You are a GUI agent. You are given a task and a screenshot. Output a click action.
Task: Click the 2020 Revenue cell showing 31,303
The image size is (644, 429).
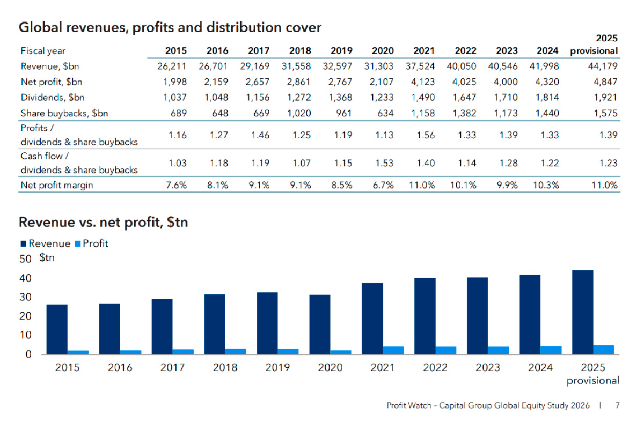[382, 66]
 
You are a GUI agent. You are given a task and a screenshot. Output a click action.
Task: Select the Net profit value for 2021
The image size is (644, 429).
[423, 82]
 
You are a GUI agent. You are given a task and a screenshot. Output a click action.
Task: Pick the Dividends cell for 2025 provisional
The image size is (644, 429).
[605, 98]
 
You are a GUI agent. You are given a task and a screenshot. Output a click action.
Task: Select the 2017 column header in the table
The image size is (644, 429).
[259, 51]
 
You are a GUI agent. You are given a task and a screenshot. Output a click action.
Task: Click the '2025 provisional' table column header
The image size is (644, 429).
[594, 45]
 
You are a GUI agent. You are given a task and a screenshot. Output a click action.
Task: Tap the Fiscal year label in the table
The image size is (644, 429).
[43, 51]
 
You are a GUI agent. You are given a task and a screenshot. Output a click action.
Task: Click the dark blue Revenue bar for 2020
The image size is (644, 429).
[320, 324]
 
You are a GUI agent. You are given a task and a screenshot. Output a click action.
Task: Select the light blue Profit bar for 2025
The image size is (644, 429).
[604, 350]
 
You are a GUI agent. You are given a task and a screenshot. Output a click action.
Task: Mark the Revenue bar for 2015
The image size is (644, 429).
[57, 329]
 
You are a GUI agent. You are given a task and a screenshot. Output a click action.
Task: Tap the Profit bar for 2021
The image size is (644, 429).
[393, 350]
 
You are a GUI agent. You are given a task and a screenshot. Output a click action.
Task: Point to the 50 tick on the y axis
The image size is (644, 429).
[26, 259]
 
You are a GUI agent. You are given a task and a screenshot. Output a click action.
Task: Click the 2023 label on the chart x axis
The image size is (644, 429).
[488, 368]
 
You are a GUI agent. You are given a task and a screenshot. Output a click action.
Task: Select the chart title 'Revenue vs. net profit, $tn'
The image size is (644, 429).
[103, 222]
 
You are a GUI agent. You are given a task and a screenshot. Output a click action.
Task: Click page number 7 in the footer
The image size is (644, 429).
[617, 405]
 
